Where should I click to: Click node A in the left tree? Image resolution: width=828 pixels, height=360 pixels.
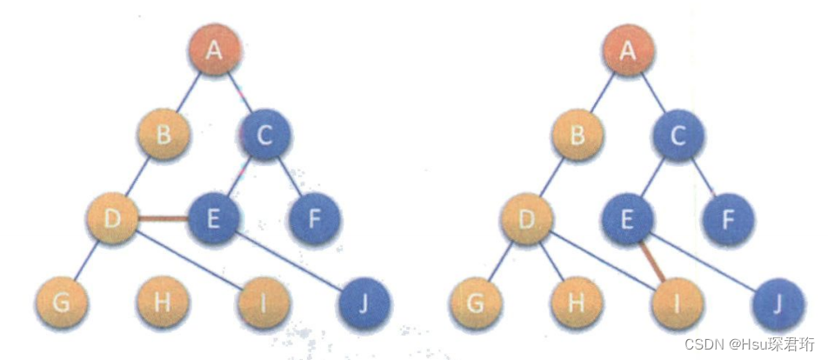tap(213, 50)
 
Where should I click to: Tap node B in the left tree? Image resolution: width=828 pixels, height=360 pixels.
tap(163, 135)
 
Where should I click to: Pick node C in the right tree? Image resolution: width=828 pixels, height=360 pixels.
tap(679, 135)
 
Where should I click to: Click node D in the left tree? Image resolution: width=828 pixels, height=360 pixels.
tap(112, 218)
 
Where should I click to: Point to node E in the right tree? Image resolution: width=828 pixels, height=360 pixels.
tap(629, 218)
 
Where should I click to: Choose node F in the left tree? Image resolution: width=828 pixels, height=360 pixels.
tap(314, 218)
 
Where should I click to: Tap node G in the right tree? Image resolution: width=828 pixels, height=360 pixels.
tap(476, 303)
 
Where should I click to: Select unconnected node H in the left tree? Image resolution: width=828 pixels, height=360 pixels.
tap(163, 303)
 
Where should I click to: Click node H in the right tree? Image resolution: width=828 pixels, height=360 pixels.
tap(577, 303)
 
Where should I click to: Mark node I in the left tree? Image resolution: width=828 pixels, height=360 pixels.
tap(264, 303)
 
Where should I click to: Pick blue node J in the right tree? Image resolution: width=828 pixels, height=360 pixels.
tap(778, 303)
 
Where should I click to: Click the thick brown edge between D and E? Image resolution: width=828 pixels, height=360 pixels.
tap(163, 219)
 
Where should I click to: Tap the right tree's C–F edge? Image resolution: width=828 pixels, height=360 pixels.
tap(705, 177)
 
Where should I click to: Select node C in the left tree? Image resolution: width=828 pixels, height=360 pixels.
tap(265, 135)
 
